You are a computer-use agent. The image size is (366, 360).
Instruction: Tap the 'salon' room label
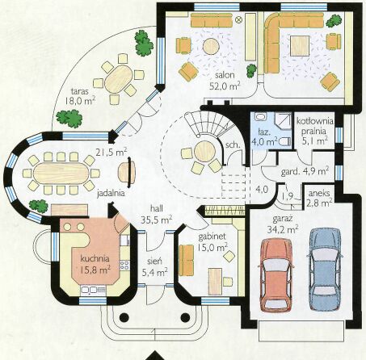[x=225, y=75]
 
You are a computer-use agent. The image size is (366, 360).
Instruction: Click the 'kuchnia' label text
[x=95, y=259]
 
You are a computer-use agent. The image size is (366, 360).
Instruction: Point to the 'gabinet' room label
[x=212, y=237]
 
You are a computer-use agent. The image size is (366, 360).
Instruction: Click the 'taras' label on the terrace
[x=80, y=91]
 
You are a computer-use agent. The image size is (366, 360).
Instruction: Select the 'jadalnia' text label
[x=111, y=193]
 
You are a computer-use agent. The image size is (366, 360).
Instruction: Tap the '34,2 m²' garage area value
[x=283, y=230]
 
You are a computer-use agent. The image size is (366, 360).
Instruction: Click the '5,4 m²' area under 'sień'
[x=154, y=273]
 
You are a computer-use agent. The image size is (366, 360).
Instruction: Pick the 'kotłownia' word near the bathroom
[x=315, y=121]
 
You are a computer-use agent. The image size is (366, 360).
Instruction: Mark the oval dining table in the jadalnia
[x=61, y=173]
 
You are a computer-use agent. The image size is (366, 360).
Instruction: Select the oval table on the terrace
[x=119, y=79]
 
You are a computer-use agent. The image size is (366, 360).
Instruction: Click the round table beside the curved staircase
[x=205, y=151]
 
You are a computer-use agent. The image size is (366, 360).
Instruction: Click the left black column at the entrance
[x=124, y=318]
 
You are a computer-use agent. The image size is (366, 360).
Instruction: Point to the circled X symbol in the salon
[x=238, y=19]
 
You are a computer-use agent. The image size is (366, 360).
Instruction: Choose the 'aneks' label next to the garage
[x=319, y=194]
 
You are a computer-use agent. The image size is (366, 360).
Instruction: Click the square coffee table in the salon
[x=300, y=46]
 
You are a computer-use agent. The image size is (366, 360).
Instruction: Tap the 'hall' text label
[x=157, y=209]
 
